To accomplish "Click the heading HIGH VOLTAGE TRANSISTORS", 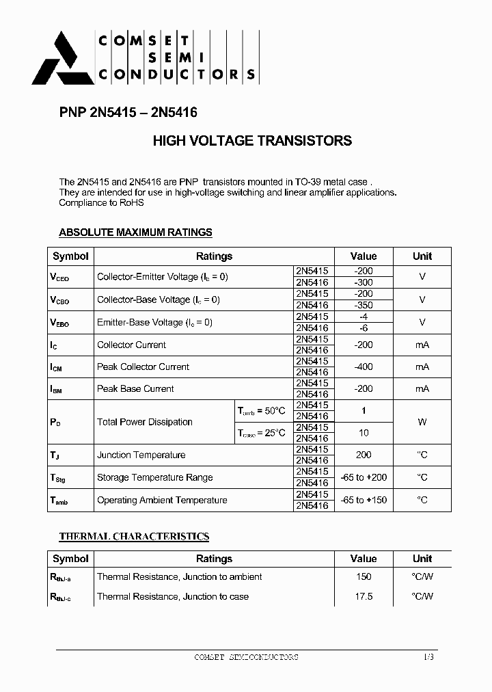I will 252,142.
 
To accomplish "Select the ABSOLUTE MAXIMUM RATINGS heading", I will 135,232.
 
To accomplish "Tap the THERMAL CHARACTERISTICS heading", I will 134,537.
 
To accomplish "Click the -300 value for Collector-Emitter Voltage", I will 364,282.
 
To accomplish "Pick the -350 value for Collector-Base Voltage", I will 364,305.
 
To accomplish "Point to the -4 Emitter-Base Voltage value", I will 364,317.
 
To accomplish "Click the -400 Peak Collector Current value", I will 364,367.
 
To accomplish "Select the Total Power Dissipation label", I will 145,422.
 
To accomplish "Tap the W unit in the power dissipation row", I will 422,422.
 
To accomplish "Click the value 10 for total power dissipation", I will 364,433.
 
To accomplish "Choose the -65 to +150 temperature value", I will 364,500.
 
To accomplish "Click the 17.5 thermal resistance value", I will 364,596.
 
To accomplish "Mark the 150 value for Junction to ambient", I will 364,576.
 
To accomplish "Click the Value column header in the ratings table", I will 364,256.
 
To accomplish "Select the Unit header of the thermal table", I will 422,559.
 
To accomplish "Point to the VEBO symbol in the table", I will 59,322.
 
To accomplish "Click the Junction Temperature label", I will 141,455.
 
